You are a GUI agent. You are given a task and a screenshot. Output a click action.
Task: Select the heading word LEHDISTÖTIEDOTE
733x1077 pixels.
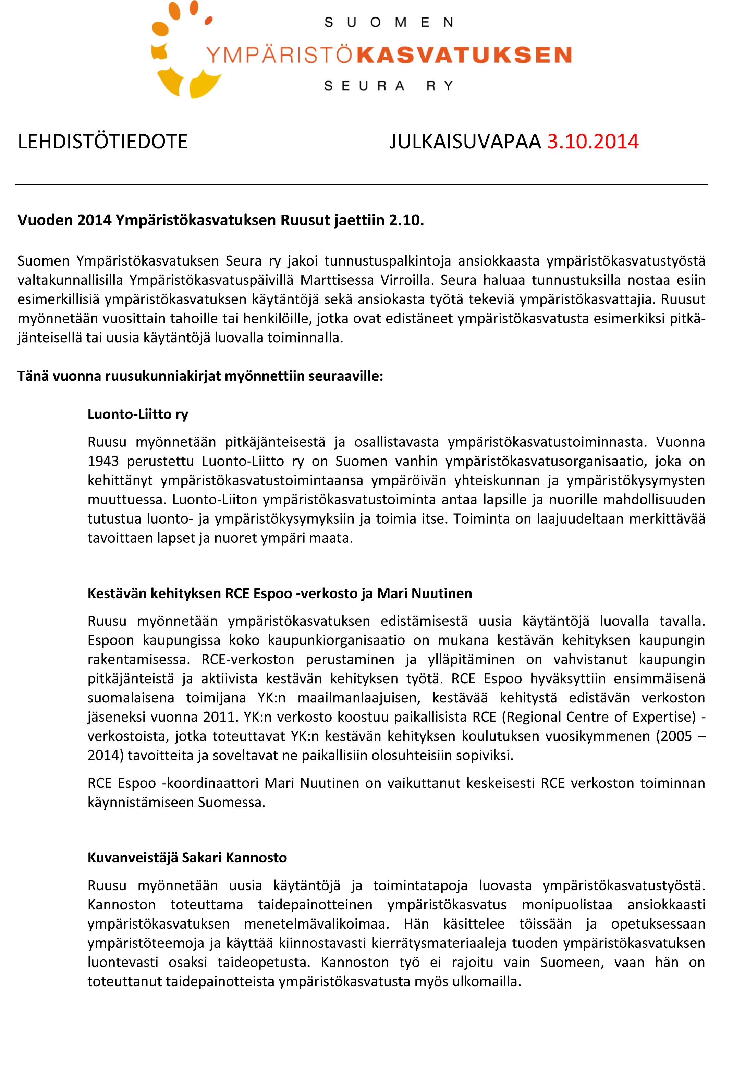tap(102, 141)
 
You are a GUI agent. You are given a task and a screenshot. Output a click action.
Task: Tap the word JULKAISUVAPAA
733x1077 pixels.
tap(465, 141)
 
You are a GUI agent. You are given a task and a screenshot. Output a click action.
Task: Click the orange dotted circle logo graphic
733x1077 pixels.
tap(181, 51)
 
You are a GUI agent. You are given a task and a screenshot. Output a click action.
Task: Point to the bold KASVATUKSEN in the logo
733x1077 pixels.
tap(464, 55)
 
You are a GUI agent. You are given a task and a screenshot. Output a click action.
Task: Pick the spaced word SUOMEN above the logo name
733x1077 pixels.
tap(389, 22)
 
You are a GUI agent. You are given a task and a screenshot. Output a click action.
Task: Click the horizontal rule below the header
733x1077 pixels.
tap(362, 184)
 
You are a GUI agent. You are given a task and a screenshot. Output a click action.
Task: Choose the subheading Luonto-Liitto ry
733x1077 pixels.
tap(138, 414)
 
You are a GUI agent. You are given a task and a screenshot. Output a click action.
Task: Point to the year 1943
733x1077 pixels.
tap(103, 461)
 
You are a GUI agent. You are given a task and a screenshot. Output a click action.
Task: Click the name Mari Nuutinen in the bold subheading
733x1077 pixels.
tap(425, 593)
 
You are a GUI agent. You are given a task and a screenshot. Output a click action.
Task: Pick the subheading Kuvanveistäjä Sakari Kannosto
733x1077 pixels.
tap(187, 857)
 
